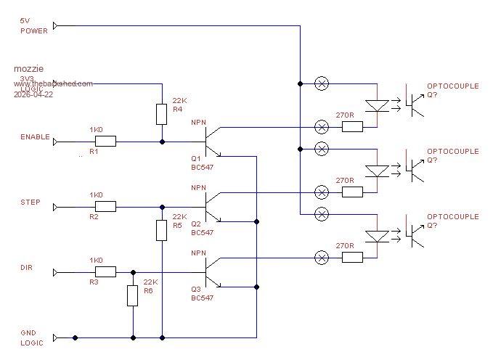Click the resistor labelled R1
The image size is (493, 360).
[105, 142]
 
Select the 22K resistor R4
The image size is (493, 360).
[162, 114]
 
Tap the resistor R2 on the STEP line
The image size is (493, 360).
[105, 207]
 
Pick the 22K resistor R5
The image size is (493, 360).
[162, 230]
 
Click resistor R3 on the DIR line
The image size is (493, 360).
[105, 272]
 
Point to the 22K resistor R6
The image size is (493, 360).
[133, 295]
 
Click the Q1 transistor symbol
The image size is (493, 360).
[211, 141]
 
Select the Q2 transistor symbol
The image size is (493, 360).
[211, 207]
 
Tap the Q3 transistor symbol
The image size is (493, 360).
[211, 272]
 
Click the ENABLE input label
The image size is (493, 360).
[35, 137]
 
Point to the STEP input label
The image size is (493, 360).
[30, 202]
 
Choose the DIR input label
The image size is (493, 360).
[27, 268]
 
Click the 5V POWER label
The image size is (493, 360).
[33, 26]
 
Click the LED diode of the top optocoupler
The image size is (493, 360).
[376, 105]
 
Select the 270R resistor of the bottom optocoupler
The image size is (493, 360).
[352, 257]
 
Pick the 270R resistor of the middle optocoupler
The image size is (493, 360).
[352, 192]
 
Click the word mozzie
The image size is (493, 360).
[28, 69]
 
